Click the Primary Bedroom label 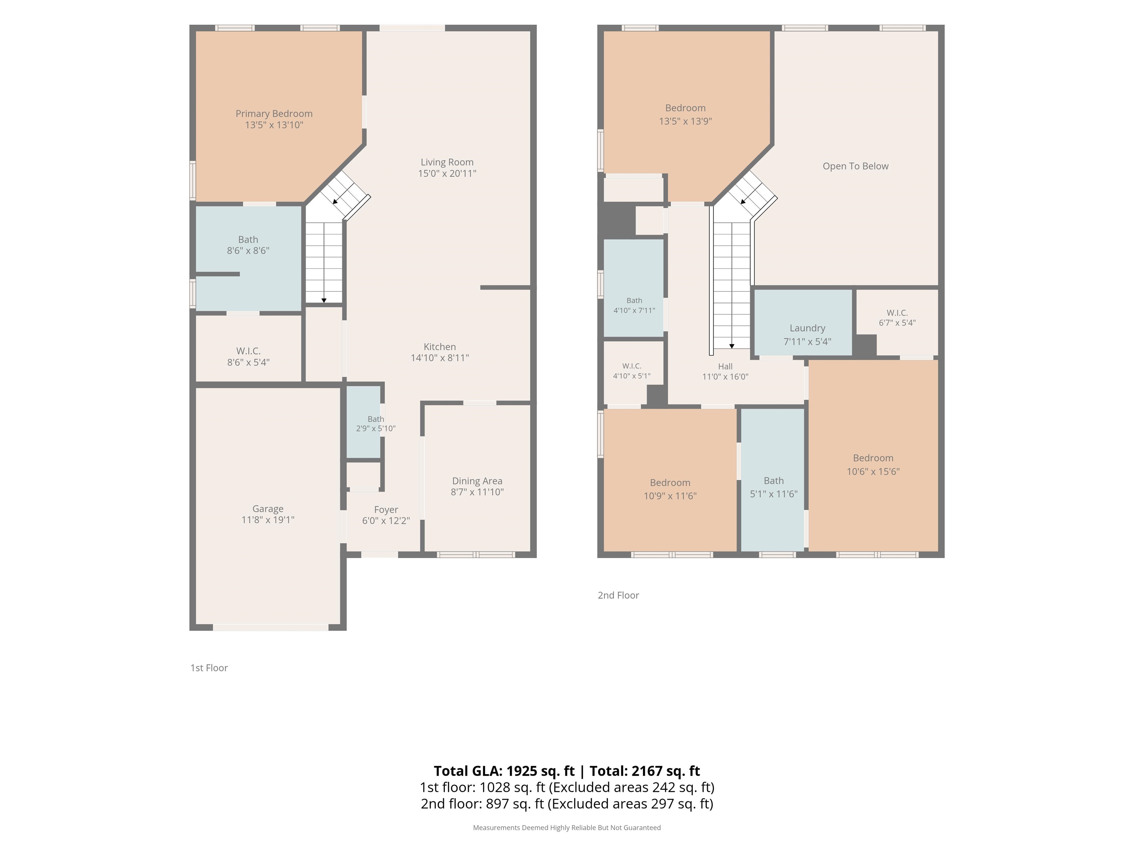click(274, 113)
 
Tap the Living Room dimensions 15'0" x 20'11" click(447, 173)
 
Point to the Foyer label click(386, 509)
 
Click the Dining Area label click(477, 481)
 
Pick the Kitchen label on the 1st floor click(440, 347)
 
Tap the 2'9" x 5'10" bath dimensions click(376, 428)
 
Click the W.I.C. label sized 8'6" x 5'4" click(248, 351)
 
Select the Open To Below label click(856, 166)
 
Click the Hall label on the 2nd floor click(725, 366)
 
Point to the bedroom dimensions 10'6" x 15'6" click(873, 471)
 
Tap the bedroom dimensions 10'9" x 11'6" click(670, 496)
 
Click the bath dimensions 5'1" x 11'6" click(774, 494)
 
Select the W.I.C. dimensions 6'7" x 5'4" click(897, 323)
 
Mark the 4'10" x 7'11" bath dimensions click(634, 310)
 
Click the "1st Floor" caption click(209, 668)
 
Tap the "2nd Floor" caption click(618, 595)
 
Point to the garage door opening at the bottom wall click(271, 627)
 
